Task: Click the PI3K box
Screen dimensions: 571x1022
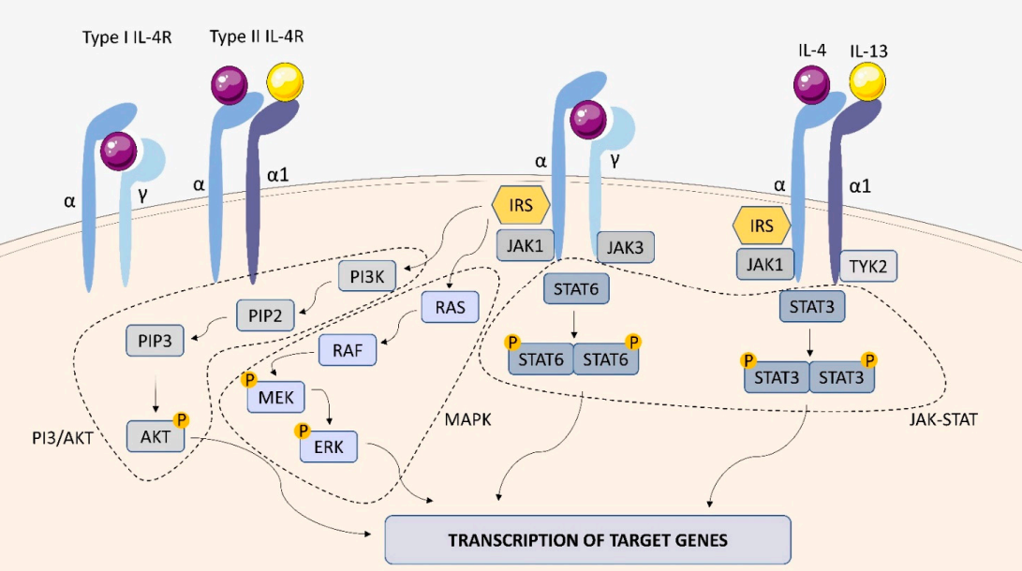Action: [x=367, y=276]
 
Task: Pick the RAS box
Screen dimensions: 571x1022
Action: [x=450, y=306]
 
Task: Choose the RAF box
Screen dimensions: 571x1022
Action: [x=348, y=351]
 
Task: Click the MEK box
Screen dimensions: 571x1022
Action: [x=278, y=398]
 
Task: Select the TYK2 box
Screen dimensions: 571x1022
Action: [x=868, y=266]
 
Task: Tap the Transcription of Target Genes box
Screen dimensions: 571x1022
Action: [x=587, y=539]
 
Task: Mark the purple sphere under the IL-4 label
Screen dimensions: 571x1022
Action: [x=811, y=86]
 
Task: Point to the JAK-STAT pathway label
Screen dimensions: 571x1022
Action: [x=942, y=420]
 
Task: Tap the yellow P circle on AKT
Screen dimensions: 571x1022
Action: [x=182, y=421]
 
